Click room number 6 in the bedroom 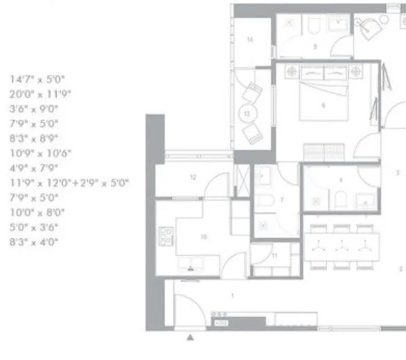coord(324,107)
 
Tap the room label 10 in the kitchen coord(204,237)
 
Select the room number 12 coord(193,178)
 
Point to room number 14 coord(249,40)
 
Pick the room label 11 coord(275,255)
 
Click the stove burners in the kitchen coord(167,237)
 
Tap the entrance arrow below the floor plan coord(192,339)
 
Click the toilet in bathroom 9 coord(315,28)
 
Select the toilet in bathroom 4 coord(341,199)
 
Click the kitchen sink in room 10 coord(188,266)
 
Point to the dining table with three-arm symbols coord(342,245)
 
